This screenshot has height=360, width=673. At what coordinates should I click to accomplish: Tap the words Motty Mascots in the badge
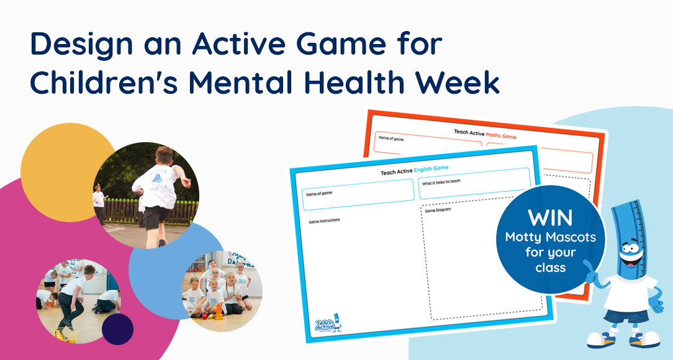point(550,237)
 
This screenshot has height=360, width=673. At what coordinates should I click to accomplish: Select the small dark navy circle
point(117,329)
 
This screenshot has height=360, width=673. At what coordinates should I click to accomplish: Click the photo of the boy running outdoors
point(147,195)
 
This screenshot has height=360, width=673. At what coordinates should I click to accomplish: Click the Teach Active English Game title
point(414,168)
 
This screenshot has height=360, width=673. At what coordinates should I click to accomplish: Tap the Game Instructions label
point(325,220)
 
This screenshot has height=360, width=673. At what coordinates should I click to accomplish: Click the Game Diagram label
point(438,210)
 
